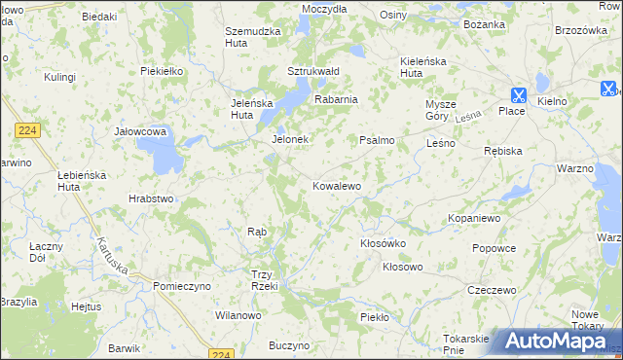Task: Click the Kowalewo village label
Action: [337, 185]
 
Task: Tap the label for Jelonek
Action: [289, 139]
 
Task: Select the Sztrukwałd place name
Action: [312, 71]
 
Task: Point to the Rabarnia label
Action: [336, 98]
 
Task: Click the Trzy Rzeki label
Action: [265, 280]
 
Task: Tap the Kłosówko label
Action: [382, 243]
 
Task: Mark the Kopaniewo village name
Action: [474, 219]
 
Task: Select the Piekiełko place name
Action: [162, 71]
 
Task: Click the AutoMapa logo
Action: [555, 342]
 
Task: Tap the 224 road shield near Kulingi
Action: [26, 128]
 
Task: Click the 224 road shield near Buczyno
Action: [223, 353]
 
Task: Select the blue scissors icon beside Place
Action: [517, 94]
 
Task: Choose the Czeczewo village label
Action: [491, 290]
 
